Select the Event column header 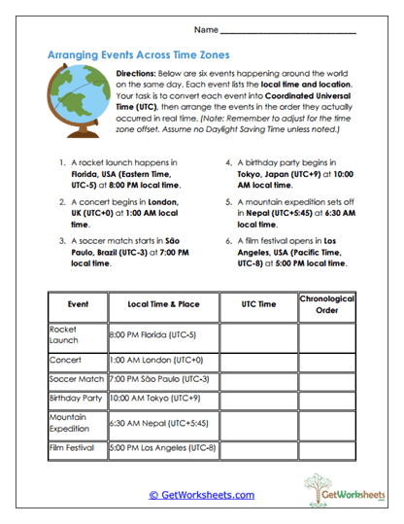point(78,304)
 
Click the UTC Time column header point(258,304)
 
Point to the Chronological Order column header point(327,304)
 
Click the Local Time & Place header point(162,304)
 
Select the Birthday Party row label point(76,398)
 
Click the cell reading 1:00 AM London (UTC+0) point(155,360)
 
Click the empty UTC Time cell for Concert point(258,360)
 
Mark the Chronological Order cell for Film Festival point(327,449)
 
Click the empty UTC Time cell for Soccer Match point(258,379)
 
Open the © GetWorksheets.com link point(201,495)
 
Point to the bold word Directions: point(143,74)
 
